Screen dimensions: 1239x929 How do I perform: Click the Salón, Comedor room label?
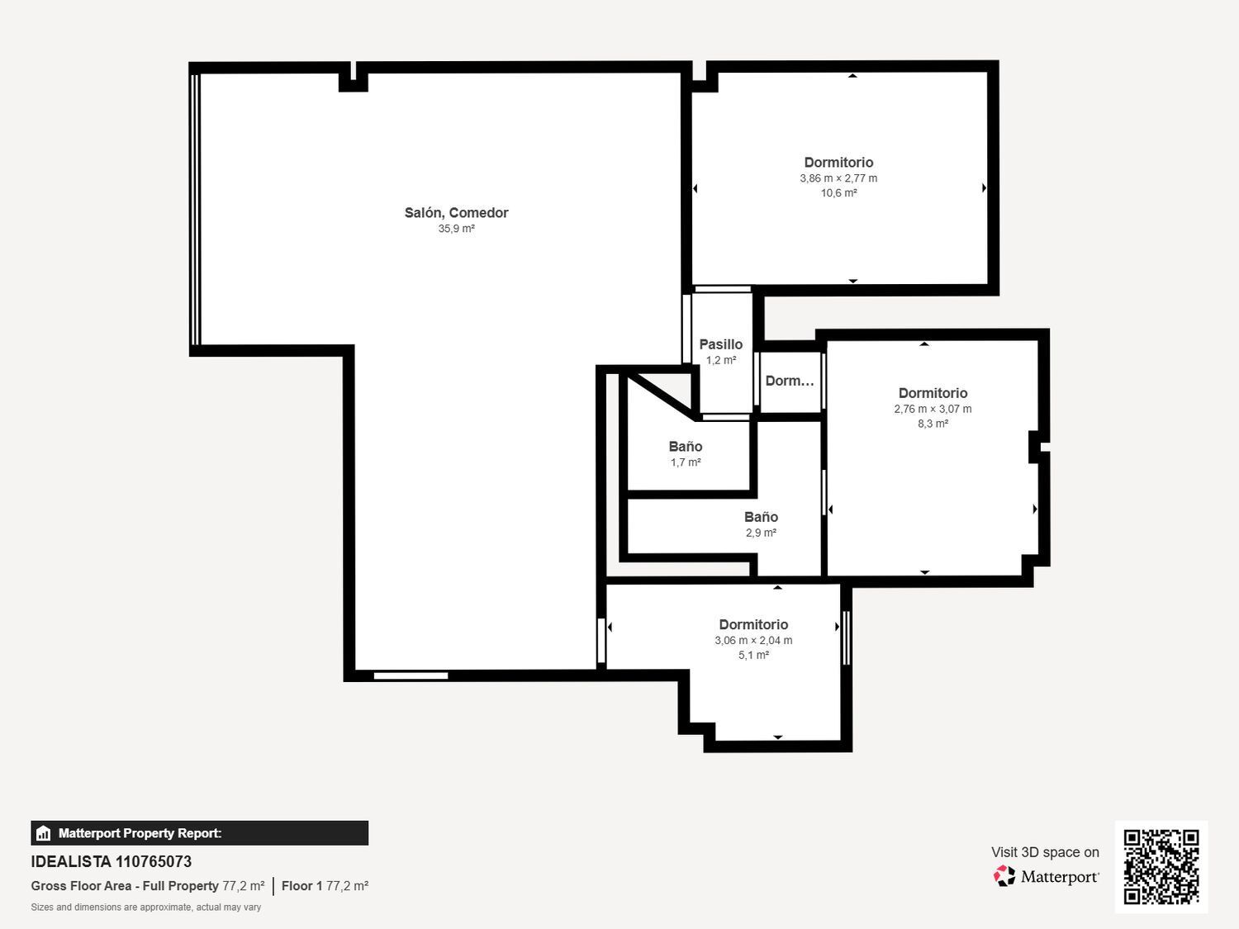click(456, 213)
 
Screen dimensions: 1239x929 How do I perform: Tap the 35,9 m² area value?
click(456, 229)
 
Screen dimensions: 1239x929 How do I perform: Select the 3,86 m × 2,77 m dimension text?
click(838, 178)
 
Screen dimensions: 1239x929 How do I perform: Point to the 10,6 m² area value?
click(838, 193)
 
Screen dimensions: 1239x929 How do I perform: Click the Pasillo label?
click(721, 344)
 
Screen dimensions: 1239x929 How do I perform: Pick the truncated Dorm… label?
click(789, 381)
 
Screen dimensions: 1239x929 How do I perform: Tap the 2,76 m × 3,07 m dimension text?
click(933, 409)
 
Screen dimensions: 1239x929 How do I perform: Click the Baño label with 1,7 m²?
click(686, 446)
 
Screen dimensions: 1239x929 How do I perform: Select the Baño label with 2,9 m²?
click(761, 517)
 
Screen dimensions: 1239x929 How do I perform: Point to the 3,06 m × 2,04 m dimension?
click(753, 640)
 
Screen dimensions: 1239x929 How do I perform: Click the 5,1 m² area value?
click(753, 655)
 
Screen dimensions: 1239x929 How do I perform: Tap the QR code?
click(1161, 867)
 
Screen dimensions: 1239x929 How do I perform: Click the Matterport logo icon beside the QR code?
click(1004, 876)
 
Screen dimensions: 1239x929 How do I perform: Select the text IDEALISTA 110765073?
click(112, 862)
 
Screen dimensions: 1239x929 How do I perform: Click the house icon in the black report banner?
click(44, 833)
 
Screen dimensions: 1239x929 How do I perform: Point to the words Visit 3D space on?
click(1045, 852)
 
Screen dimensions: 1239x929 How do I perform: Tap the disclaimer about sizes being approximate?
click(145, 907)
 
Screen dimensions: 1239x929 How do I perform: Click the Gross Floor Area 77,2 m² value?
click(244, 885)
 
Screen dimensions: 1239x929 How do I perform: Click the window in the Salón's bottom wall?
click(411, 675)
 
